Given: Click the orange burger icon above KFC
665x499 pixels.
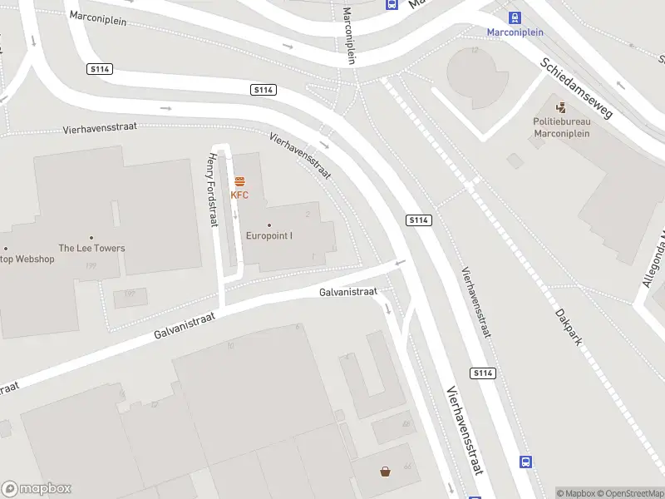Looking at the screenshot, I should pos(239,180).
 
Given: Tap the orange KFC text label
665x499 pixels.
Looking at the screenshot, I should pos(239,195).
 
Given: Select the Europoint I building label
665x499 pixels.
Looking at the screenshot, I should pos(269,235).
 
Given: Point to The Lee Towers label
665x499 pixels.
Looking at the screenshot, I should pos(91,248).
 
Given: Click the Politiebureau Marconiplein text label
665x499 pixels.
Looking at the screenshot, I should pos(561,127).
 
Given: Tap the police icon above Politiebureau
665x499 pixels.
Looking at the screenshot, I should pos(561,106).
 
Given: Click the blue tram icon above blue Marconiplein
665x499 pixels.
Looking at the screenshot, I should pos(515,17).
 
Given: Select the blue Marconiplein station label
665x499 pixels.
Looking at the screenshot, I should pos(515,32).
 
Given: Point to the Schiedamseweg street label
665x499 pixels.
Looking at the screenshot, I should pos(576,88).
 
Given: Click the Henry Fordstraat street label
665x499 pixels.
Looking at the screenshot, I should pos(214,191).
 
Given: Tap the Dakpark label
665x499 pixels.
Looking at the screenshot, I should pos(569,328).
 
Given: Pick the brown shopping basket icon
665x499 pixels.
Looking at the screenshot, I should pos(386,472).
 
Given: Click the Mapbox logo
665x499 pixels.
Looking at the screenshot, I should pos(37,489).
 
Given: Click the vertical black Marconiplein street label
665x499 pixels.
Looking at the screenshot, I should pos(350,36).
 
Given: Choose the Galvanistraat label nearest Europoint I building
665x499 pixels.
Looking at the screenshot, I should pos(348,292).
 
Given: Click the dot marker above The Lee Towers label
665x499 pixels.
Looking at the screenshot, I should pos(91,237).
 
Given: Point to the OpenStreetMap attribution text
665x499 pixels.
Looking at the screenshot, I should pos(628,493).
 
